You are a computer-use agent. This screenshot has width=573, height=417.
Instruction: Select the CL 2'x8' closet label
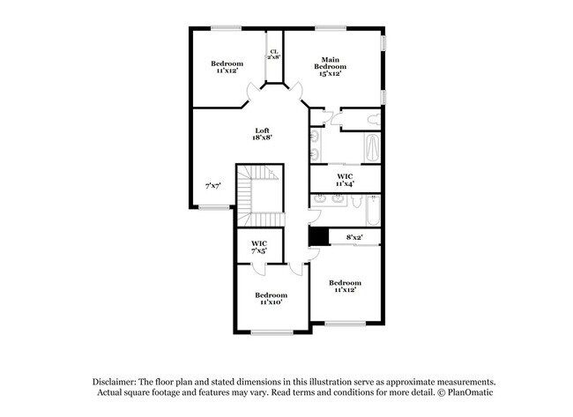click(x=274, y=55)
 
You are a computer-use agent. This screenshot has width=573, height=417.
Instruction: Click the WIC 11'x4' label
click(x=345, y=180)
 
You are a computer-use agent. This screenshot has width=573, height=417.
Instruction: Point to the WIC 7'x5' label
click(x=259, y=248)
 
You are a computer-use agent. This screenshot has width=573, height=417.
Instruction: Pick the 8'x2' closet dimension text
click(x=354, y=236)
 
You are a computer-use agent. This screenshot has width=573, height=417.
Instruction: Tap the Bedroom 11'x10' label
click(x=271, y=298)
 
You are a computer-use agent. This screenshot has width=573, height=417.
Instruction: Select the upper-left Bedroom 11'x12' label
click(x=227, y=67)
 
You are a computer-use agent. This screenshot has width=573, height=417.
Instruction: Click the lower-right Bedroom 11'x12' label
click(x=345, y=286)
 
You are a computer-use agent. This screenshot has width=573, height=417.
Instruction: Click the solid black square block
click(x=318, y=235)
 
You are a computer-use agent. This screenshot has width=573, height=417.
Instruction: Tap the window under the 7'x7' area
click(x=212, y=207)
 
